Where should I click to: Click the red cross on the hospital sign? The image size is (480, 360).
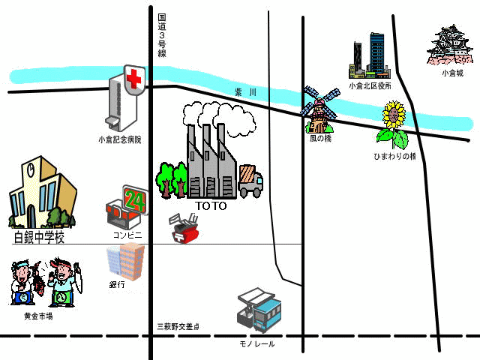(133, 79)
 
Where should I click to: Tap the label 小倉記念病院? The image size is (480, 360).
(120, 140)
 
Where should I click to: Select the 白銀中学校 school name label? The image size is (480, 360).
(40, 237)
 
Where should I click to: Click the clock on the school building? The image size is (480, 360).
(31, 170)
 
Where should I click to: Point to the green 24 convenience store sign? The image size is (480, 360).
(135, 200)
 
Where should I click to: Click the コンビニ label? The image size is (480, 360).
(127, 235)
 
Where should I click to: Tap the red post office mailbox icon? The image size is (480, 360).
(184, 229)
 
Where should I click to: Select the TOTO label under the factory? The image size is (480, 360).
(211, 206)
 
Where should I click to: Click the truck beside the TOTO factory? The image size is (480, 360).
(250, 181)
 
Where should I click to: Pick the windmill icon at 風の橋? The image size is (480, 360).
(320, 109)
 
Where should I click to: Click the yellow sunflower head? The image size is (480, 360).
(394, 115)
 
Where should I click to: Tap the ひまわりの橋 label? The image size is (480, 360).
(395, 156)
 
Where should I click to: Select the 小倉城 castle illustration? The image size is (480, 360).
(449, 45)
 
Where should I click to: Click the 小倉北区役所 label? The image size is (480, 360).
(370, 86)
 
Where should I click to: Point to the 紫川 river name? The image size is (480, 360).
(245, 92)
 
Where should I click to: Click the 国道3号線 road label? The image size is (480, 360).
(162, 35)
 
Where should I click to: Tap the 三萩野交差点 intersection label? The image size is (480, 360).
(178, 327)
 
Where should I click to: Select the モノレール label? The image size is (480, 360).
(256, 344)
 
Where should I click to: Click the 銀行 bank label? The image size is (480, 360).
(117, 285)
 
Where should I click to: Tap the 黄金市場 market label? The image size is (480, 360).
(38, 316)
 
